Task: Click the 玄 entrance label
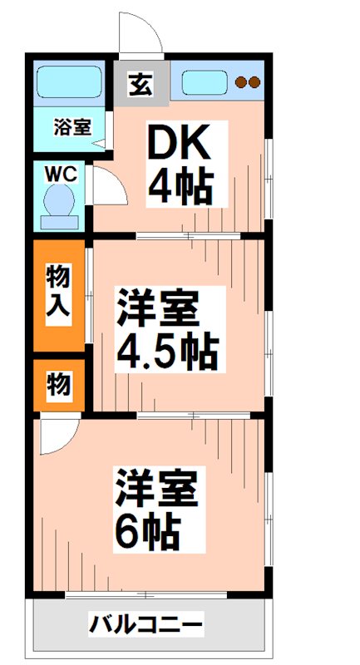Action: click(x=140, y=83)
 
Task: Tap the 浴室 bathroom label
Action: click(x=72, y=127)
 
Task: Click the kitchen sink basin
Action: click(x=205, y=82)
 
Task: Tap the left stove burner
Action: click(x=240, y=82)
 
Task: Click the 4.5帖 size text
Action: click(x=166, y=354)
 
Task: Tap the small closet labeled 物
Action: click(x=58, y=385)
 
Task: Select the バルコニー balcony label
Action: click(x=146, y=623)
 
